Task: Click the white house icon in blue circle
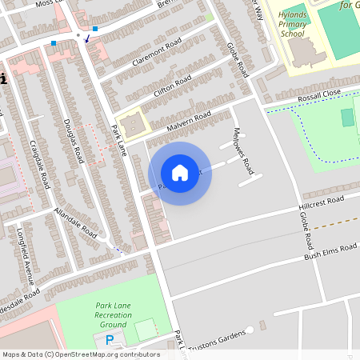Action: (x=180, y=173)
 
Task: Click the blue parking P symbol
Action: (x=110, y=340)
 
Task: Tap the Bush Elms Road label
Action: (x=330, y=251)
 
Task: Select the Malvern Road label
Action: (x=189, y=122)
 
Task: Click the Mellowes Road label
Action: (x=242, y=150)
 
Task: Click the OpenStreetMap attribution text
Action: (x=80, y=354)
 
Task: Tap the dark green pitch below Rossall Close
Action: (x=346, y=118)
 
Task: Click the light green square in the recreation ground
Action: (x=146, y=329)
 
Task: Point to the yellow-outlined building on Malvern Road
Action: (x=134, y=124)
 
